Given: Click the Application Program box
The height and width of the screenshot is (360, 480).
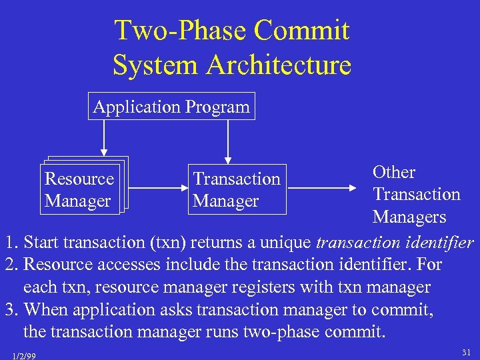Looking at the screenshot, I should coord(171,107).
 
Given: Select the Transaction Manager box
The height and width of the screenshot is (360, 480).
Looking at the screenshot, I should coord(237,189).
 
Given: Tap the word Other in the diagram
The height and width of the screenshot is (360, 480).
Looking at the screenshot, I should coord(394,172).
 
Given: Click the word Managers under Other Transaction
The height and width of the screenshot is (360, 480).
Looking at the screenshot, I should coord(409,217).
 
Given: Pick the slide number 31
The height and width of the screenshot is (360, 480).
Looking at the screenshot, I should coord(465,351).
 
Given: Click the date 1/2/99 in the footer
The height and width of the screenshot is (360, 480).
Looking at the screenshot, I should coord(24,356).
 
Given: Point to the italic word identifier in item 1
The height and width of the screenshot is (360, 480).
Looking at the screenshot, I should coord(443,242).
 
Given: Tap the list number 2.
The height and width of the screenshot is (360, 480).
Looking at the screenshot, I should coord(9,265).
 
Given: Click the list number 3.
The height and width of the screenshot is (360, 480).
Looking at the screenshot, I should coord(9,310).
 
